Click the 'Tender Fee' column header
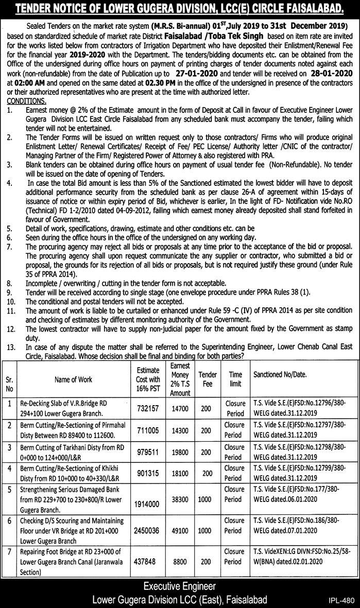coord(208,379)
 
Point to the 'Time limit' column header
coord(235,379)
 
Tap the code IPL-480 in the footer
coord(341,600)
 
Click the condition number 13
coord(11,348)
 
